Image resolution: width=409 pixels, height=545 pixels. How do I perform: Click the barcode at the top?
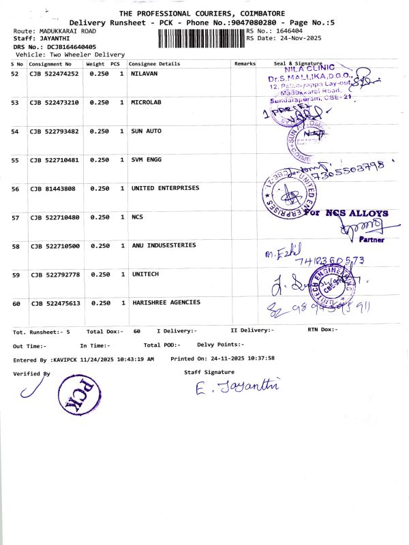click(201, 37)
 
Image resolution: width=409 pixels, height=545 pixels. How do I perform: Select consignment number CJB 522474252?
click(55, 74)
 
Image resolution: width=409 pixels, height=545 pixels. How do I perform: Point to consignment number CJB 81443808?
click(52, 189)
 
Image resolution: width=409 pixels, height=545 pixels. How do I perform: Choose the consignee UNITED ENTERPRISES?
click(165, 188)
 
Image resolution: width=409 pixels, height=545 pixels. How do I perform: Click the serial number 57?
click(16, 217)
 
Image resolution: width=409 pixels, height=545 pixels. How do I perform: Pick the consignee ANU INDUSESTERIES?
click(164, 245)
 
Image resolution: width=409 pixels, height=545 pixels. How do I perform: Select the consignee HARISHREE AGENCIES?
click(166, 302)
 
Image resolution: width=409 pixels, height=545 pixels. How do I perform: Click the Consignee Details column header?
click(155, 63)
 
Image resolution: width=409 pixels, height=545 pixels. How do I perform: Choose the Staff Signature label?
click(209, 372)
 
